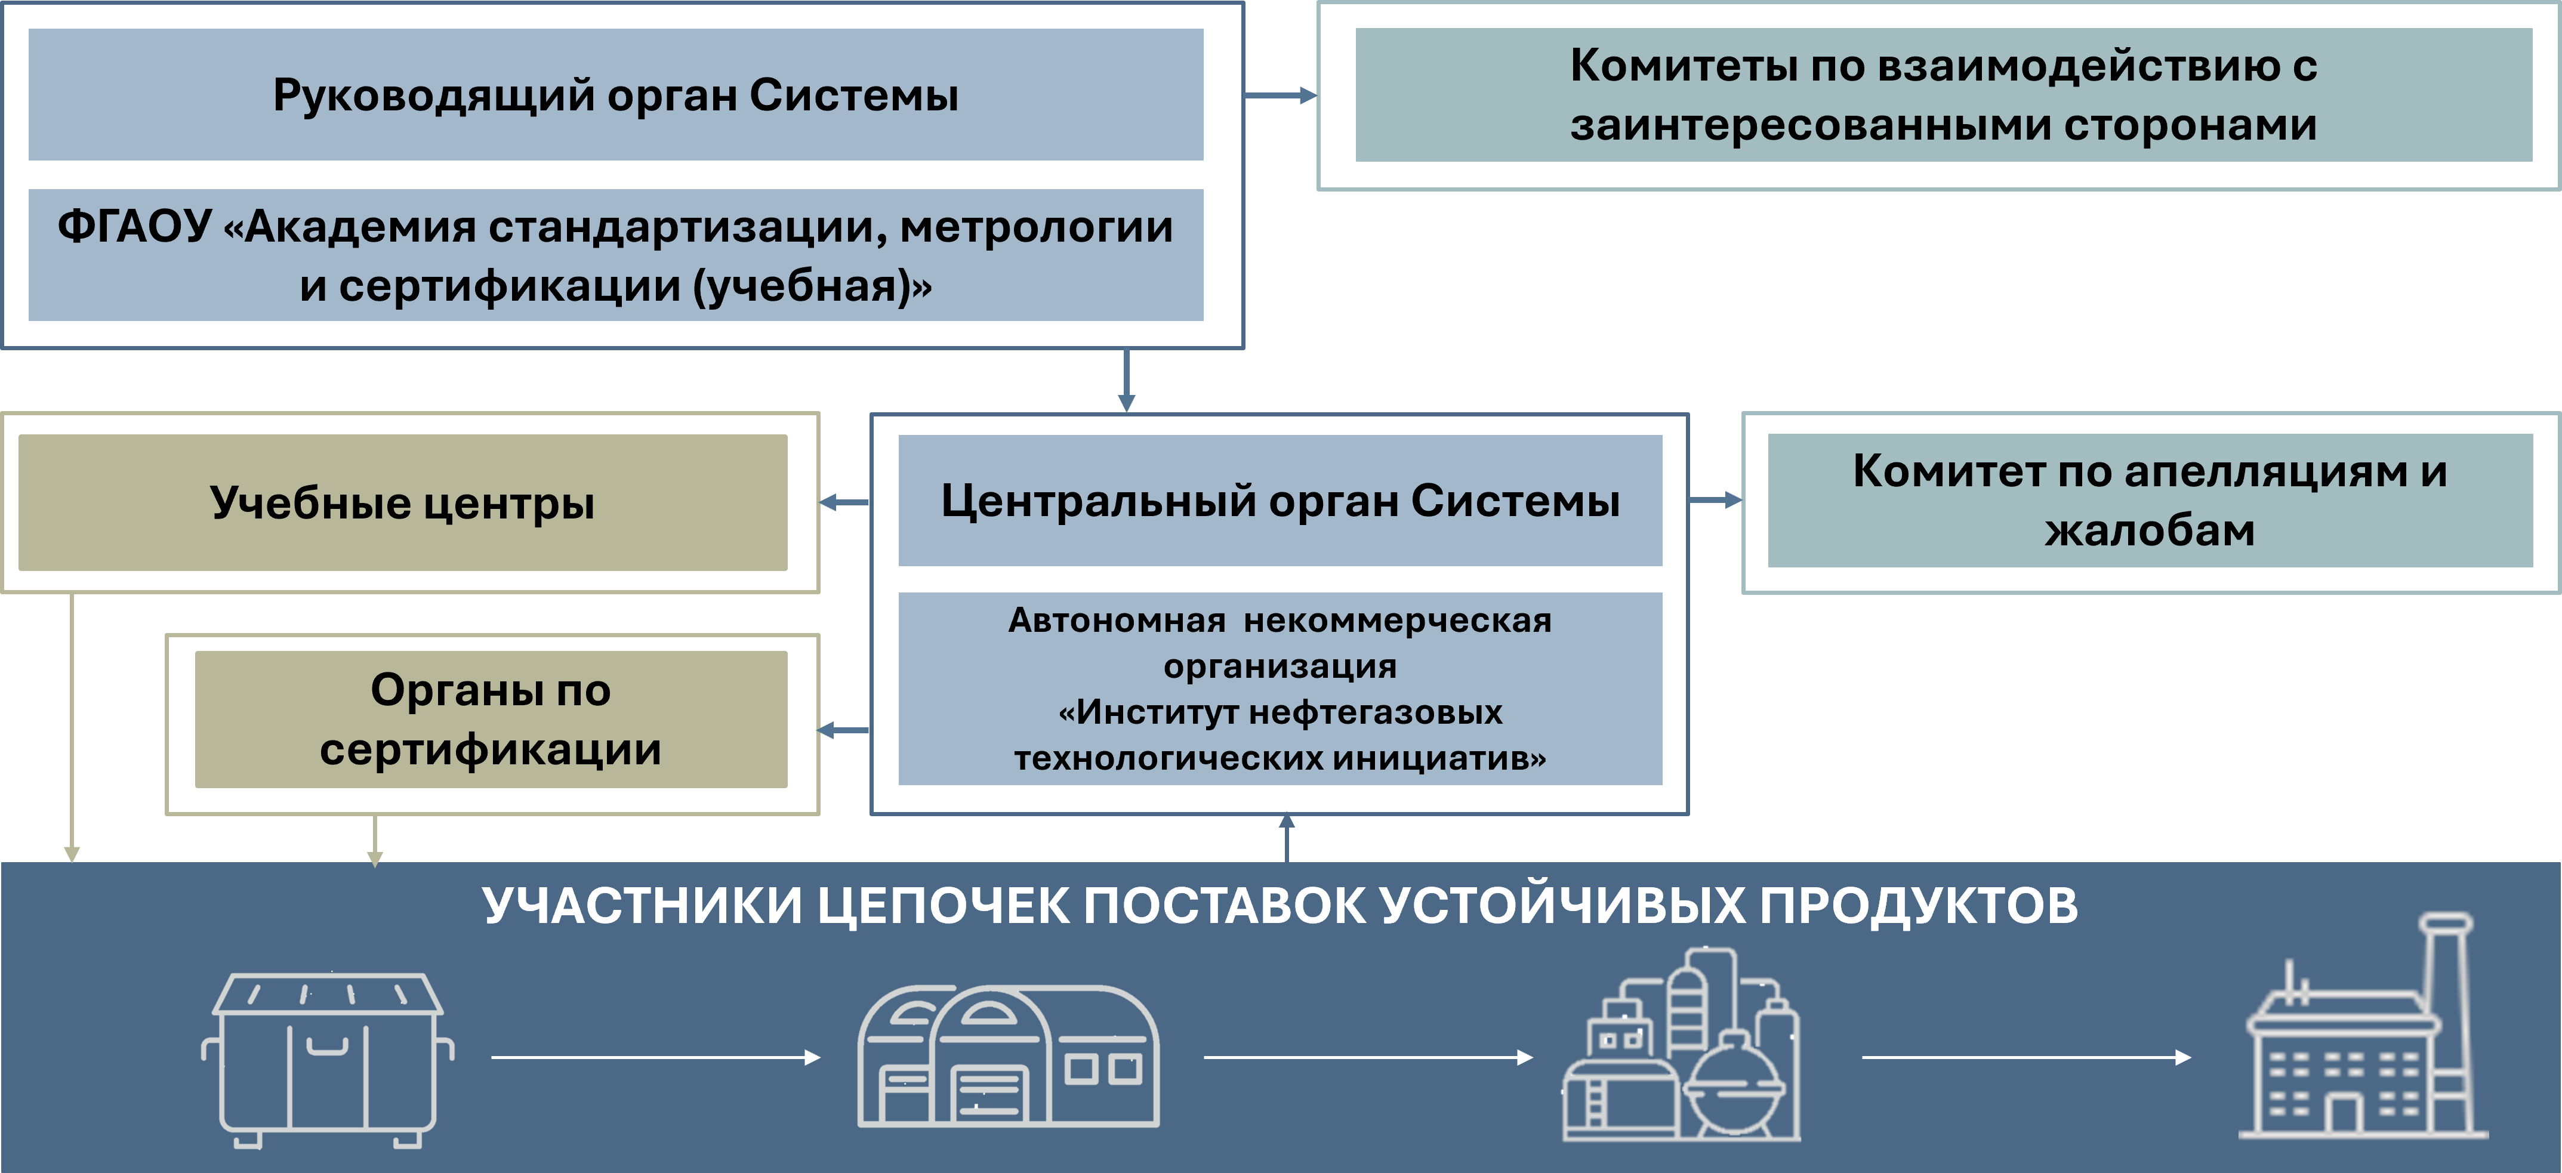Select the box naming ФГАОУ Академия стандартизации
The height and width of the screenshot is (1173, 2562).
point(616,255)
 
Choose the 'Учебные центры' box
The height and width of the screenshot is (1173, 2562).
point(403,502)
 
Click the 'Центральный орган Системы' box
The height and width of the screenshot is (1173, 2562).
point(1280,500)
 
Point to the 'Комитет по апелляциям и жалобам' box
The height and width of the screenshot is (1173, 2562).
point(2149,500)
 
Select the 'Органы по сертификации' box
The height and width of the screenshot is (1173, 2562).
point(491,720)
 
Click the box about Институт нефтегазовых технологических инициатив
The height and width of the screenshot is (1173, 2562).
point(1280,689)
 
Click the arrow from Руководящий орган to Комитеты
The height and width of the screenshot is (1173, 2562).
point(1281,95)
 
